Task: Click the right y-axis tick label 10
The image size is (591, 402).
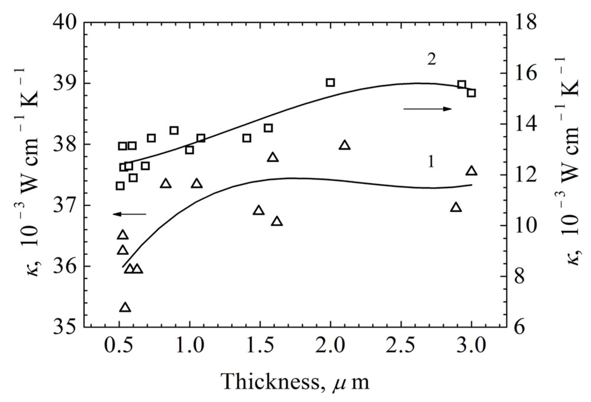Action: pyautogui.click(x=526, y=225)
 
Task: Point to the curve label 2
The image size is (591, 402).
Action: pyautogui.click(x=431, y=60)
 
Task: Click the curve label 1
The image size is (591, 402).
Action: pyautogui.click(x=431, y=162)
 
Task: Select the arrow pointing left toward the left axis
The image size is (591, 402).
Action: pyautogui.click(x=129, y=214)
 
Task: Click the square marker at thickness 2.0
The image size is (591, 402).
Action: pyautogui.click(x=330, y=82)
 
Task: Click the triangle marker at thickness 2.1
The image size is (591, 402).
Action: pyautogui.click(x=345, y=145)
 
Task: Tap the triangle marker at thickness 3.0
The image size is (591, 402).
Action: pyautogui.click(x=471, y=171)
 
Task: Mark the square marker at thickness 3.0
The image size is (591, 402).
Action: pyautogui.click(x=471, y=93)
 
